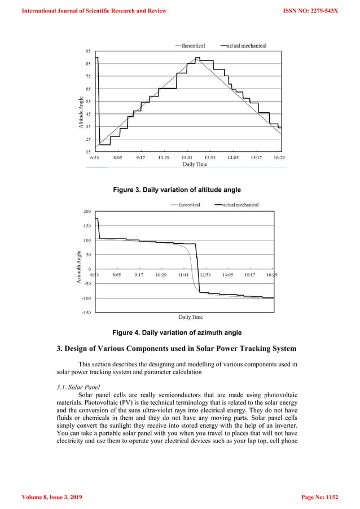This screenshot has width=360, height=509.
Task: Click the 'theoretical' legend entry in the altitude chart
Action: click(x=193, y=45)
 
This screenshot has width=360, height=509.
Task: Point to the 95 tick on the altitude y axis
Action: click(x=88, y=51)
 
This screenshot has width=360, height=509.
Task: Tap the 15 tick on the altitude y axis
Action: click(x=88, y=152)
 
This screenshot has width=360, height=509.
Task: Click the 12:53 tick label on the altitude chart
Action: click(x=209, y=158)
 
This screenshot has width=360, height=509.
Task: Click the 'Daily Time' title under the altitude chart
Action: click(x=194, y=164)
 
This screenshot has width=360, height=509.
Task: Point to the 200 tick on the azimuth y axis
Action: click(x=87, y=212)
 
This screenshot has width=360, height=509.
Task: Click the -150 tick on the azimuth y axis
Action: click(x=86, y=312)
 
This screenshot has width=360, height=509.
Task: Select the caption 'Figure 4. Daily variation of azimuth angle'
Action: click(x=177, y=332)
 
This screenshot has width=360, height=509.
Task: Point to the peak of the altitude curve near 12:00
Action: click(x=197, y=58)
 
